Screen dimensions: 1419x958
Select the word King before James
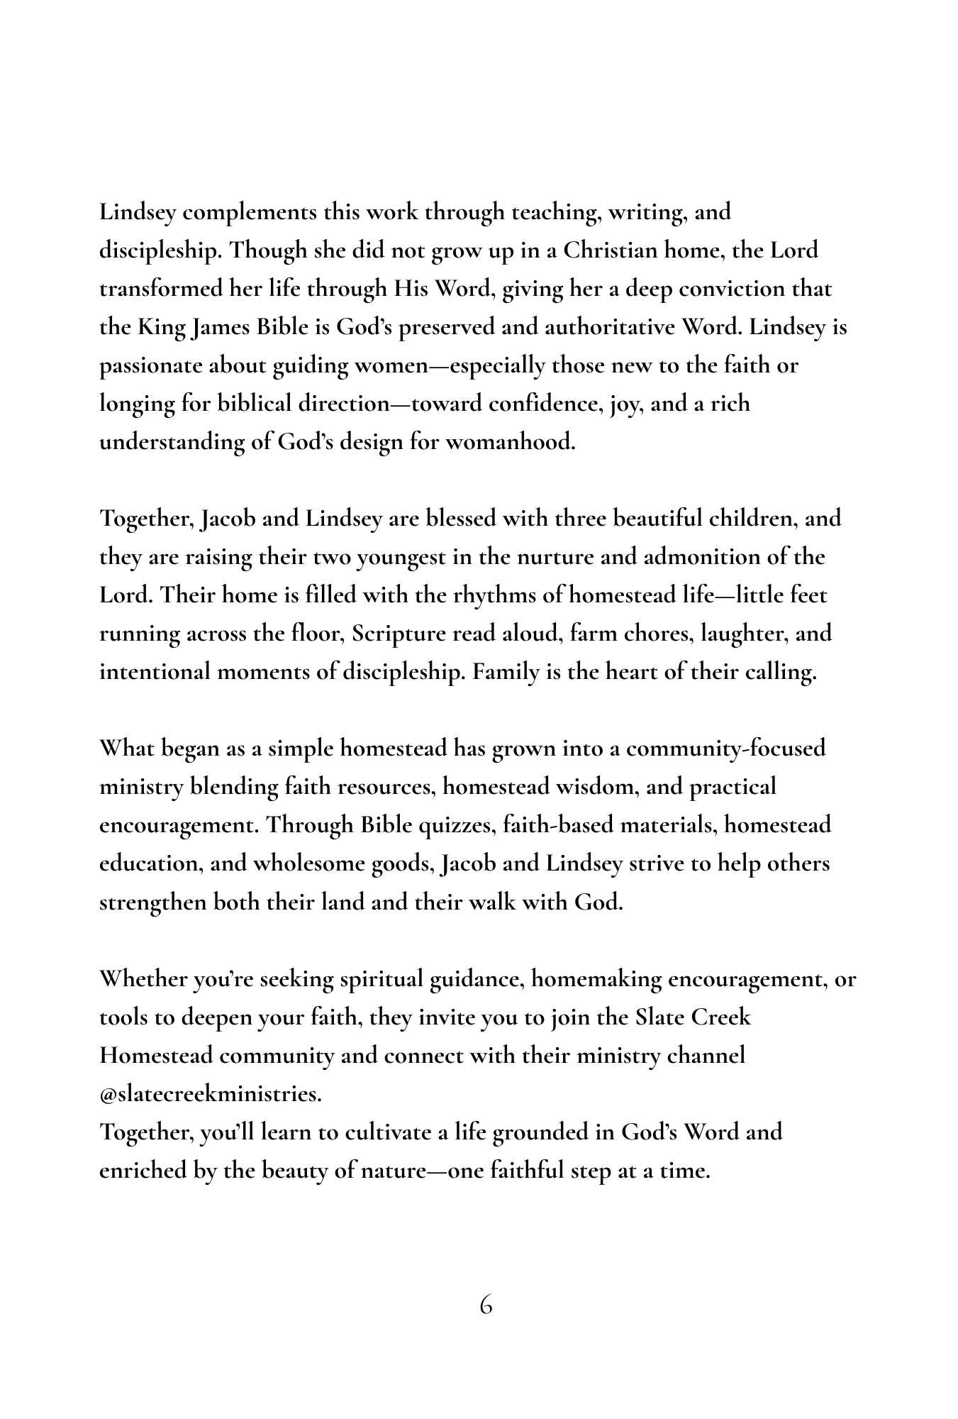point(161,327)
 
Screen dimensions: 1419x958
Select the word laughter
point(745,634)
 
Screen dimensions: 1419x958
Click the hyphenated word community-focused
point(725,749)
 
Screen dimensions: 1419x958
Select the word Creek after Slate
point(720,1018)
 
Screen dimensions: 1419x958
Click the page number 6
point(486,1305)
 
